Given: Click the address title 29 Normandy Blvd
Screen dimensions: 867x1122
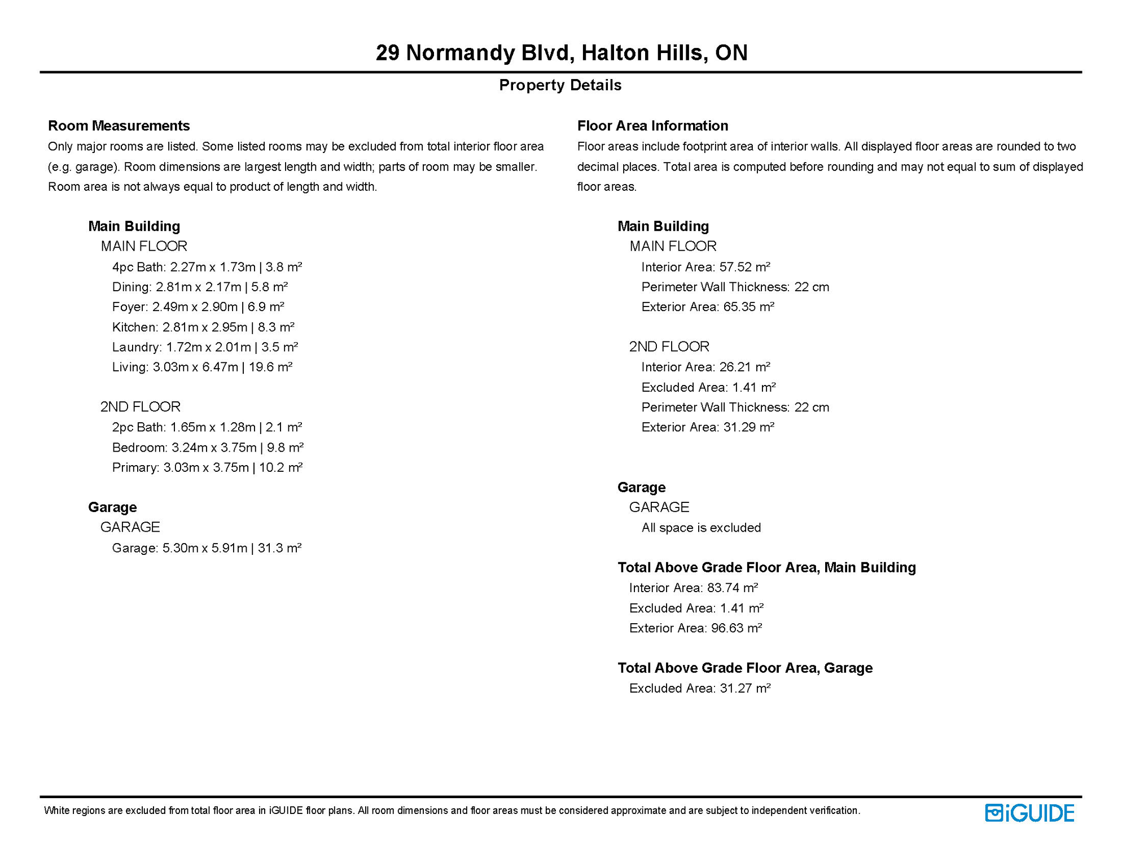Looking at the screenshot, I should click(x=561, y=52).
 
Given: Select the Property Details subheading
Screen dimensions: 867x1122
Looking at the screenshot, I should click(x=560, y=85).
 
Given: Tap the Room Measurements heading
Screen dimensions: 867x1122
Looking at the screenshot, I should click(x=119, y=125).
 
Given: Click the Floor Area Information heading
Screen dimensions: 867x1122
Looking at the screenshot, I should click(x=652, y=125).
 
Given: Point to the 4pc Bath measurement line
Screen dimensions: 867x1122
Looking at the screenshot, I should click(x=207, y=267).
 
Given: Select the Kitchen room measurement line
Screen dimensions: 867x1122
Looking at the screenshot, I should click(x=203, y=327).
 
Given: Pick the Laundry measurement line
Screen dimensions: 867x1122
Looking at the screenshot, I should click(x=205, y=347).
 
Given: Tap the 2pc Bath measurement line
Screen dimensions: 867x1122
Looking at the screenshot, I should click(x=207, y=427).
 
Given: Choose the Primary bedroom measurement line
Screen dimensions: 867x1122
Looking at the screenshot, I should click(x=207, y=468).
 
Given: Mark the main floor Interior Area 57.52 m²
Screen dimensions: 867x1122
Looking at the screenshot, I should click(x=705, y=267).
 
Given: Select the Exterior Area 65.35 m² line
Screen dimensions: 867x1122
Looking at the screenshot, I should click(x=708, y=307).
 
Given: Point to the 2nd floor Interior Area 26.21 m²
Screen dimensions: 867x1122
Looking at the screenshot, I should click(x=705, y=367).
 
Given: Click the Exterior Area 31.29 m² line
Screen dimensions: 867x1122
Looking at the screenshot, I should click(x=708, y=427).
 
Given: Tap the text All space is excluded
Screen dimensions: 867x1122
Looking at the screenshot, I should click(x=701, y=528).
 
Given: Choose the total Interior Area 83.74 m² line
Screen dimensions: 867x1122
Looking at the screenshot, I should click(x=693, y=588).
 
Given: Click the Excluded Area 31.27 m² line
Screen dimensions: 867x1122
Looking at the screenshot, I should click(x=700, y=689).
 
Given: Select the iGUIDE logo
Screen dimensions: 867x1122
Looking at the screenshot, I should click(x=1029, y=813).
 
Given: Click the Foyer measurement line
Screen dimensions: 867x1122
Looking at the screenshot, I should click(x=198, y=307).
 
